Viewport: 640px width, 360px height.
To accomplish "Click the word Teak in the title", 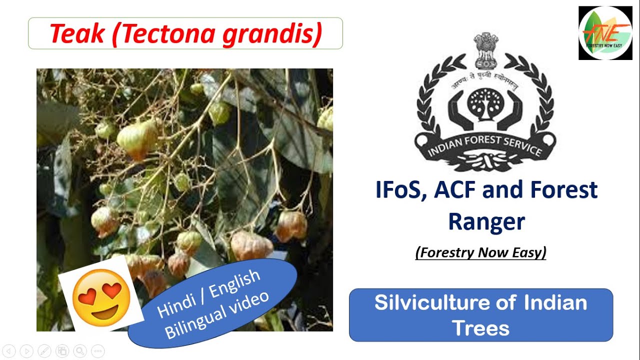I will pos(76,33).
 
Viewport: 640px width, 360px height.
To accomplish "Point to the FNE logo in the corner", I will pos(605,33).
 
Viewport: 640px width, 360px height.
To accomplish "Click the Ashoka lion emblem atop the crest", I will pos(485,50).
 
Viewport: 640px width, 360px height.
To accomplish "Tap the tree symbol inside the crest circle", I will pos(485,103).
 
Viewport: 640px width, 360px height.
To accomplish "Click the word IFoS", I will pos(397,190).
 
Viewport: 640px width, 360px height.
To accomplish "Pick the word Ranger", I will pos(486,221).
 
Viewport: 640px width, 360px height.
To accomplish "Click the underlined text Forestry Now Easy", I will pos(480,252).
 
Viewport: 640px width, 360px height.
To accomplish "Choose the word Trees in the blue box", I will pos(480,327).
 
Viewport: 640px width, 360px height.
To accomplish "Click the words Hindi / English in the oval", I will pos(209,293).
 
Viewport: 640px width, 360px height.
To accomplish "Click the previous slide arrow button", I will pos(9,351).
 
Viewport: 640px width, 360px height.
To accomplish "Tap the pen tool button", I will pos(44,351).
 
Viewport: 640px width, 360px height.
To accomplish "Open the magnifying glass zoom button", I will pos(79,351).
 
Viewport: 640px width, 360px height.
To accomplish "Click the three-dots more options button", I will pos(97,351).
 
